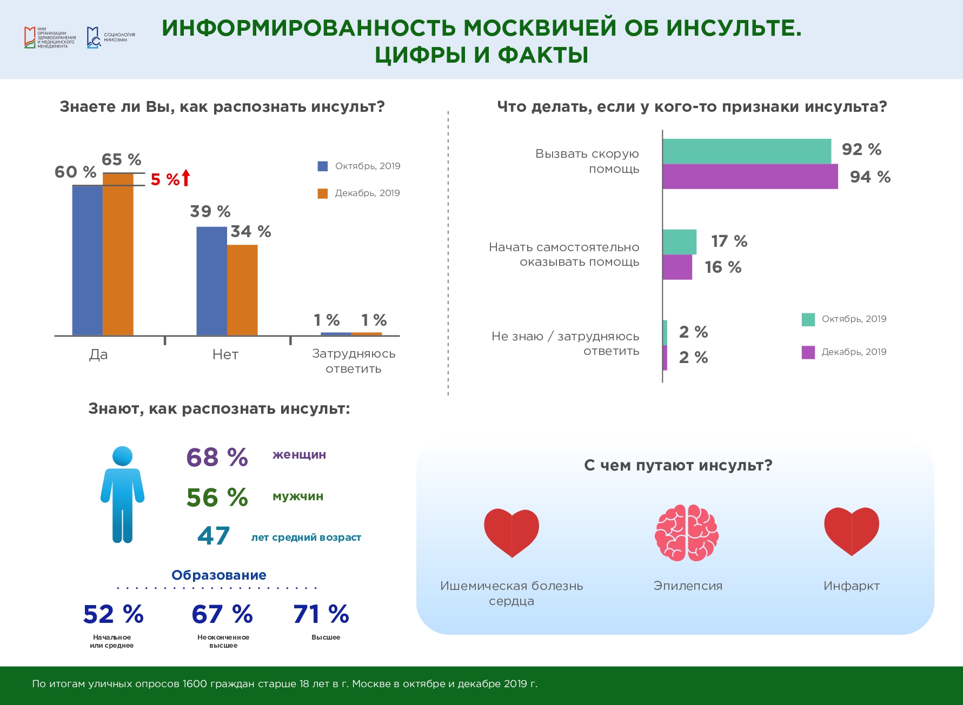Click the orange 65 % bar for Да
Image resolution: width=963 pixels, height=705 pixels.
coord(118,254)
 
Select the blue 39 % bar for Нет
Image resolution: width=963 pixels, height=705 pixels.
coord(211,281)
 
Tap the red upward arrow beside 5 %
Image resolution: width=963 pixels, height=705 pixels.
coord(186,178)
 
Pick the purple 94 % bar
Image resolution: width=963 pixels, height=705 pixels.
coord(750,177)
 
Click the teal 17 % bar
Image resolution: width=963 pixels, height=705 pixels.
coord(680,241)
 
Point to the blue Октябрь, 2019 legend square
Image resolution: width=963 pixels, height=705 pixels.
coord(323,166)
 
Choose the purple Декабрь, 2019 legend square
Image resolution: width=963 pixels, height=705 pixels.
coord(808,352)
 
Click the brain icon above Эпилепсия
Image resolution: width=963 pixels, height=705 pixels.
coord(687,533)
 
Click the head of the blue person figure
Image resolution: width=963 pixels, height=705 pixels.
coord(122,456)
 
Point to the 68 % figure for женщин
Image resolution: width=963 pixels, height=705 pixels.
coord(217,457)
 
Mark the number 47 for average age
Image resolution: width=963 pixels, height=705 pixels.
coord(214,536)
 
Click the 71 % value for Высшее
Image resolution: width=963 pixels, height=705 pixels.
coord(321,614)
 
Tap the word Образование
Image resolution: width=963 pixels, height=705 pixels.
coord(219,575)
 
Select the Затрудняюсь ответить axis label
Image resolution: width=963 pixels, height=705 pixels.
coord(354,361)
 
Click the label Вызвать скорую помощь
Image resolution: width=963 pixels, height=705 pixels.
coord(587,162)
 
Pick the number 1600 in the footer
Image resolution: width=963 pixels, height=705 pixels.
coord(195,684)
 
